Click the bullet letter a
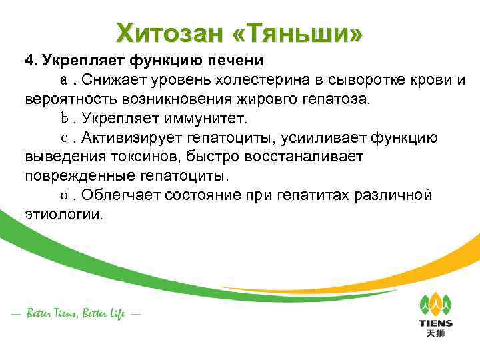pos(65,81)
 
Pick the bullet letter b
pos(65,119)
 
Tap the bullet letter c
pos(65,138)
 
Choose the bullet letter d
pos(65,195)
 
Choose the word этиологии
pos(63,215)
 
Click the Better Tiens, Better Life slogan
pos(75,313)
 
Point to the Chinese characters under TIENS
pos(435,333)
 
